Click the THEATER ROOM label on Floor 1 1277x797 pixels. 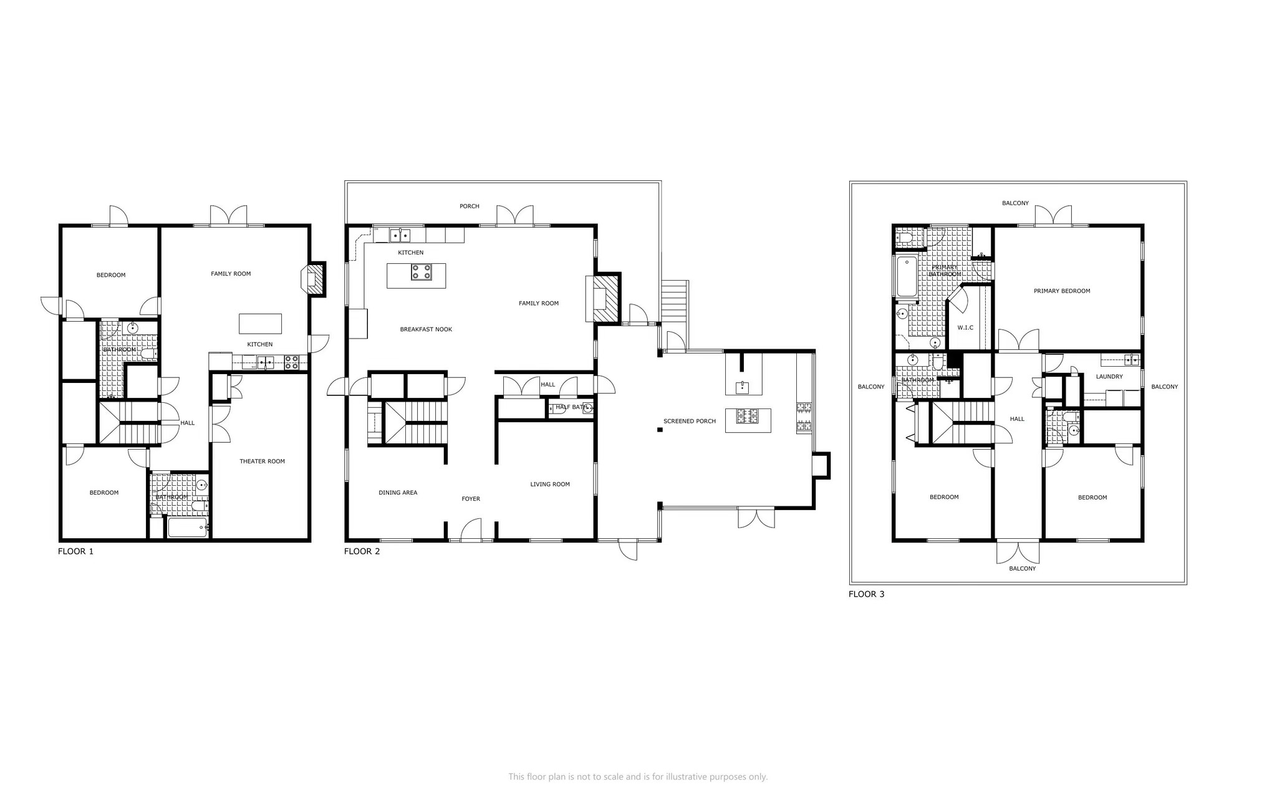(x=262, y=461)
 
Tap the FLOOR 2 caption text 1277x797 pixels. (x=362, y=551)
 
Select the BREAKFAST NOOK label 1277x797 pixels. (x=426, y=329)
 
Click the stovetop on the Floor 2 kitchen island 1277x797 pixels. (x=421, y=273)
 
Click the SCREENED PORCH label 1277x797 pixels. (x=689, y=422)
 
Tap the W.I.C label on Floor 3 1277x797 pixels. (x=965, y=328)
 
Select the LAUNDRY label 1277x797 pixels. (x=1109, y=377)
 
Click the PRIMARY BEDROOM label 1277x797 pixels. (x=1061, y=291)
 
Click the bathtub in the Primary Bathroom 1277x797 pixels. (x=906, y=276)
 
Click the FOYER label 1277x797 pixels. (x=471, y=499)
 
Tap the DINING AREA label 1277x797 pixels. (x=398, y=493)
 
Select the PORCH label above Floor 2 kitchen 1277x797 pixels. (x=469, y=206)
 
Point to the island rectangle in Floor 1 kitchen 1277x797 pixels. (x=260, y=324)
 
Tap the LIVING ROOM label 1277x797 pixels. (x=550, y=485)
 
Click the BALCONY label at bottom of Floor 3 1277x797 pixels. (x=1022, y=569)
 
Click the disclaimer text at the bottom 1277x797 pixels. (x=638, y=777)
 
